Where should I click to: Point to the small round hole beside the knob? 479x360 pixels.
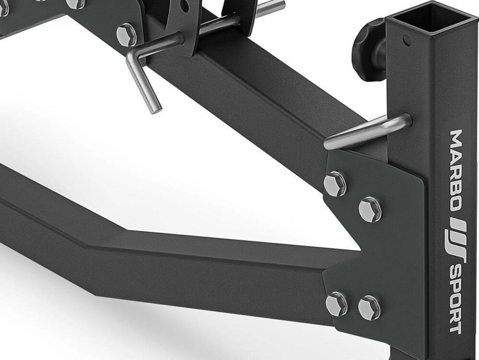[x=407, y=40]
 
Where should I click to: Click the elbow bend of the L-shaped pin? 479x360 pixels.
[x=131, y=58]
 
